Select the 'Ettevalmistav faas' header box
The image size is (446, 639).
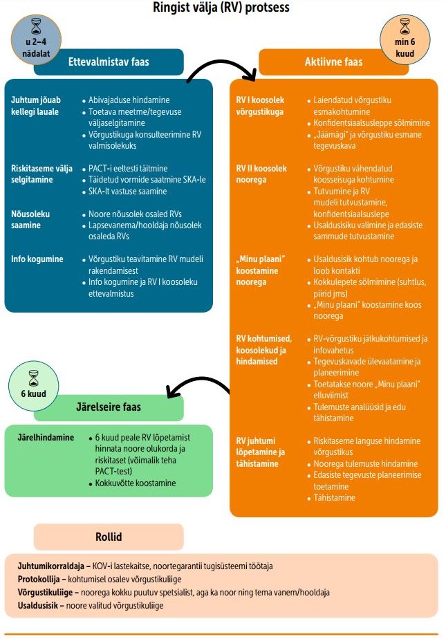tap(109, 62)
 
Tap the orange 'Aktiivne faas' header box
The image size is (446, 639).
tap(333, 62)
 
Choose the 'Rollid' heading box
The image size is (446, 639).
tap(109, 537)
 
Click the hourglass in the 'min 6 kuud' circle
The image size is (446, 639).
tap(405, 27)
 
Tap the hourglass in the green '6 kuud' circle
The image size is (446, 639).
tap(34, 378)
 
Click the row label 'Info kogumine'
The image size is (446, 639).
tap(37, 259)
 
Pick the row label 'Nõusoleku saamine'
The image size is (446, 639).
tap(30, 220)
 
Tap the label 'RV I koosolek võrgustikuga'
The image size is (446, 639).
tap(260, 106)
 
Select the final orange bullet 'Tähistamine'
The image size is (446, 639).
tap(335, 497)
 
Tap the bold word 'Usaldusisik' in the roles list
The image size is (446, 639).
tap(39, 605)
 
